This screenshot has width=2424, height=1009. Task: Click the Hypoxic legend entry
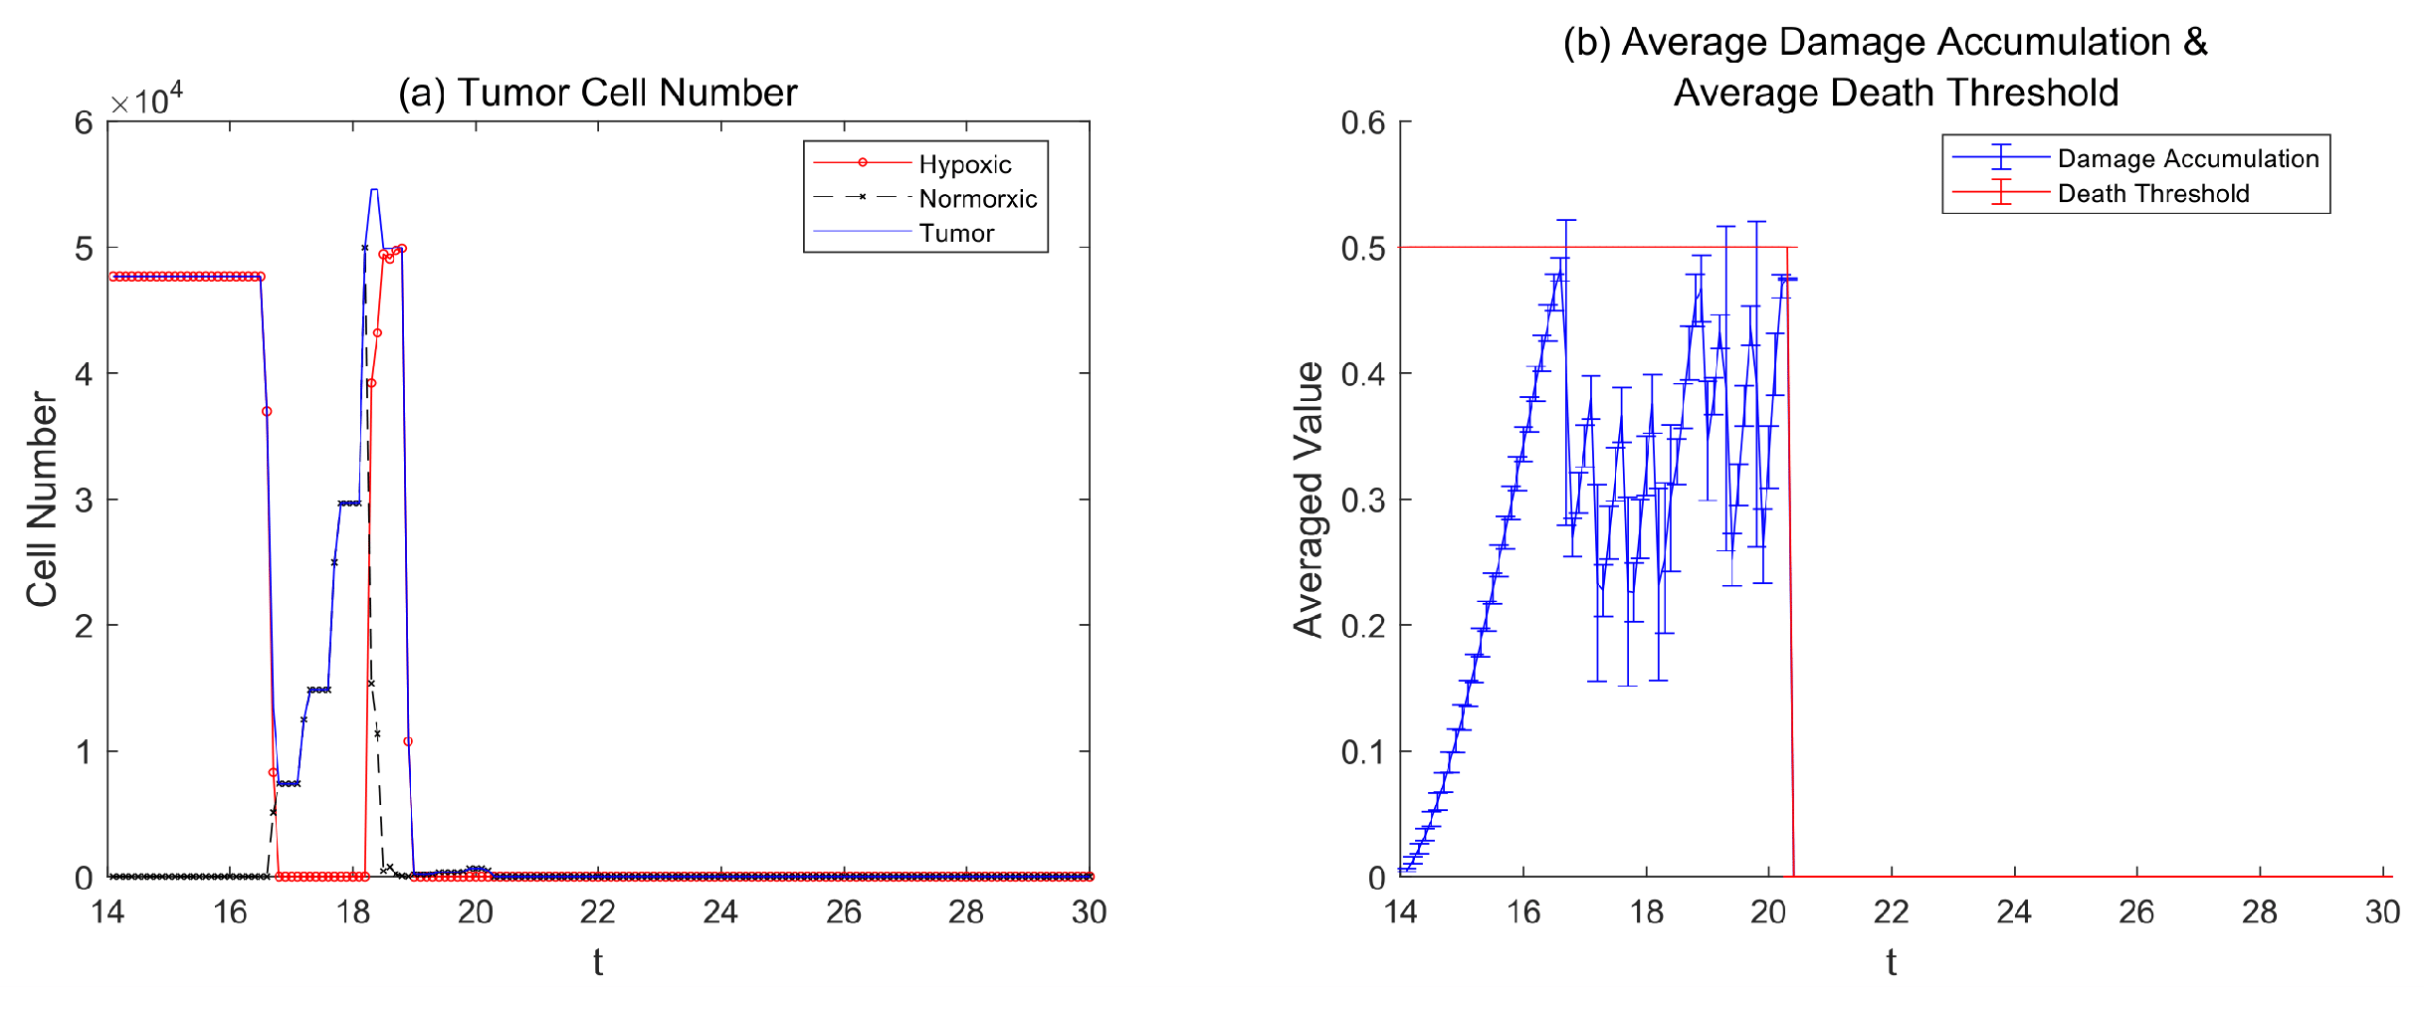963,164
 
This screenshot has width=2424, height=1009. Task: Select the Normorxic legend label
977,199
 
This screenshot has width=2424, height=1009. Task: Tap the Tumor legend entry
956,233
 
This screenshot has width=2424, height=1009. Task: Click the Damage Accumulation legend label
2187,158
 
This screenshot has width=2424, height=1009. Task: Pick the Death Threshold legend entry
2152,193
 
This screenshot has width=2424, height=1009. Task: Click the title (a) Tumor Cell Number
597,93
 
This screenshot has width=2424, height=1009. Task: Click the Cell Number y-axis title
42,499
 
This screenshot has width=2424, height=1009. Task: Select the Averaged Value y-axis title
1309,499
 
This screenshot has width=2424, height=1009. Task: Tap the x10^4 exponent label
146,100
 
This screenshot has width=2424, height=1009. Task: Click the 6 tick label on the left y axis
84,122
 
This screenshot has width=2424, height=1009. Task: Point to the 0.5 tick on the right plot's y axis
1362,248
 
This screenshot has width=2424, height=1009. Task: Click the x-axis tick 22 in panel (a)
598,911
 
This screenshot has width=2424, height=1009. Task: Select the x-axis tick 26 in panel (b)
2136,911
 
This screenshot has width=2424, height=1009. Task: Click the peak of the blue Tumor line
374,189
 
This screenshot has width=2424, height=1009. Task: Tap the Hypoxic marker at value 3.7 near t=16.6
267,411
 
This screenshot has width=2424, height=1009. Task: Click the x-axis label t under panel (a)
598,962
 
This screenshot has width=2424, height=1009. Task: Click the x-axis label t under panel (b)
1891,962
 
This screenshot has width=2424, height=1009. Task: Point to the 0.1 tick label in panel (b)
1362,751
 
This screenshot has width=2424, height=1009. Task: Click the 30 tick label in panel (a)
1089,911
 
